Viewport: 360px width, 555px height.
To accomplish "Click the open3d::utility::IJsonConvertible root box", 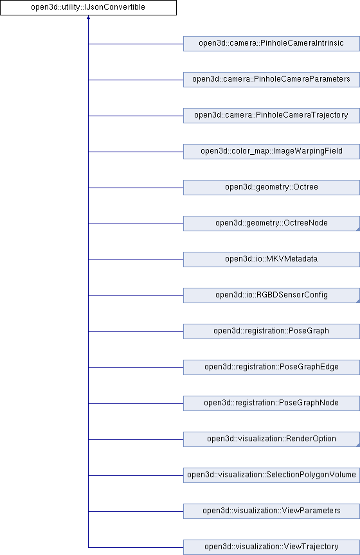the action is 88,8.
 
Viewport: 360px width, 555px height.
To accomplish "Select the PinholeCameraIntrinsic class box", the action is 271,44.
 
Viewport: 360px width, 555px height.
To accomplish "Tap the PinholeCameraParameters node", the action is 271,79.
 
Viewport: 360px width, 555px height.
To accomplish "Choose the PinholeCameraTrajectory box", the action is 271,116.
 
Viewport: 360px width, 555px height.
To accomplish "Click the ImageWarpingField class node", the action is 271,152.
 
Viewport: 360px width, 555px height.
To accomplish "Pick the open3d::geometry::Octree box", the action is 271,187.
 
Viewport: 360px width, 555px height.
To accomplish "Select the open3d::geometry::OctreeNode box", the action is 271,224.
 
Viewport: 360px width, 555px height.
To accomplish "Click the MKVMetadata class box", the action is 271,260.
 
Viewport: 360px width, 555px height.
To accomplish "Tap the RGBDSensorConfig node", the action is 271,295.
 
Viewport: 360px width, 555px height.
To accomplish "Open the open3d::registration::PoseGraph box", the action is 271,331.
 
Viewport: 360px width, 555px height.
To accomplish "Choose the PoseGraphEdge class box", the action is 271,367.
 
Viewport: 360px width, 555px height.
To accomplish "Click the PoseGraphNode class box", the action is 271,403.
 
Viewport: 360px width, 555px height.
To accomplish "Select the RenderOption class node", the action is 271,439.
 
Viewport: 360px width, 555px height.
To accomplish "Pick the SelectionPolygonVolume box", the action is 271,475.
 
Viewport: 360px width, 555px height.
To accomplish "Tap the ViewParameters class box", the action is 271,511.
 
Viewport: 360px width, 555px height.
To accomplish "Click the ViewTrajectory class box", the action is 271,547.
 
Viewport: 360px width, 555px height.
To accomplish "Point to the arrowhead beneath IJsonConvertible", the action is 88,17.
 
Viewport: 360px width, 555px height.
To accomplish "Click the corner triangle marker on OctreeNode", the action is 358,229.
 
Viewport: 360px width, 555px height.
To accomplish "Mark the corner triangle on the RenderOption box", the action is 358,445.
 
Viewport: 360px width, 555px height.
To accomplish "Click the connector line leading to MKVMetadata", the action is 136,260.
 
